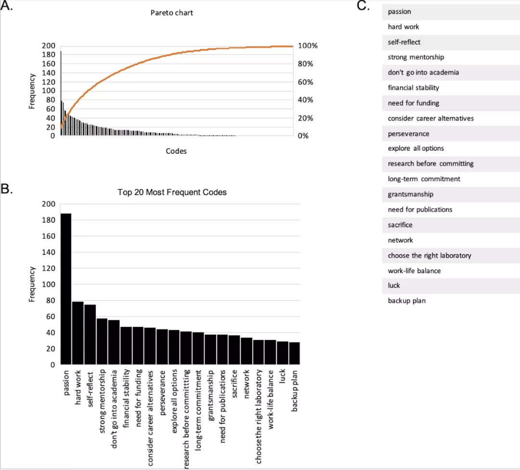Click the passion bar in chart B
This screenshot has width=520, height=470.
click(x=66, y=289)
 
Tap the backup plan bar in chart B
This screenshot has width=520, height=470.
click(x=294, y=353)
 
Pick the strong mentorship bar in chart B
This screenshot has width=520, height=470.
click(x=102, y=341)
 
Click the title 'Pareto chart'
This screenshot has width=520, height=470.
click(x=172, y=13)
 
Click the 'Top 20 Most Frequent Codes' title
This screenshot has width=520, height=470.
click(x=172, y=192)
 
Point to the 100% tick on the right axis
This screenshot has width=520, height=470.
click(x=308, y=46)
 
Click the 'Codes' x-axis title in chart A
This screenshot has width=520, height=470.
click(x=176, y=151)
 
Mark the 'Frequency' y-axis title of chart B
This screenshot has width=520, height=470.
click(x=32, y=284)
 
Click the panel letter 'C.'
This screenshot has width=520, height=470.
click(x=363, y=6)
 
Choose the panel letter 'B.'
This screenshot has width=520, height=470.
click(x=7, y=189)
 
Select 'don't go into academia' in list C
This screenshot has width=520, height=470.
click(x=423, y=73)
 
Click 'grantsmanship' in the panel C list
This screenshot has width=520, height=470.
click(x=410, y=194)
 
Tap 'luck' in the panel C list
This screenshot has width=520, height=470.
click(x=394, y=286)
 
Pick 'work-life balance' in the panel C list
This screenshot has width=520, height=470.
click(x=414, y=271)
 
